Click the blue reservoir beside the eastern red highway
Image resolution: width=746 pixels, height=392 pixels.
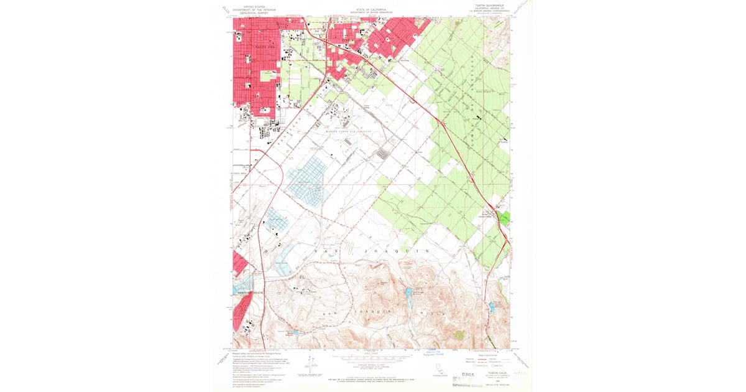(x=492, y=306)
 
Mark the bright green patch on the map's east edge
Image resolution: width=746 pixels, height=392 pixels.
(x=504, y=218)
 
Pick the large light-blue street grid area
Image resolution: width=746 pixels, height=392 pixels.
(x=307, y=180)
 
